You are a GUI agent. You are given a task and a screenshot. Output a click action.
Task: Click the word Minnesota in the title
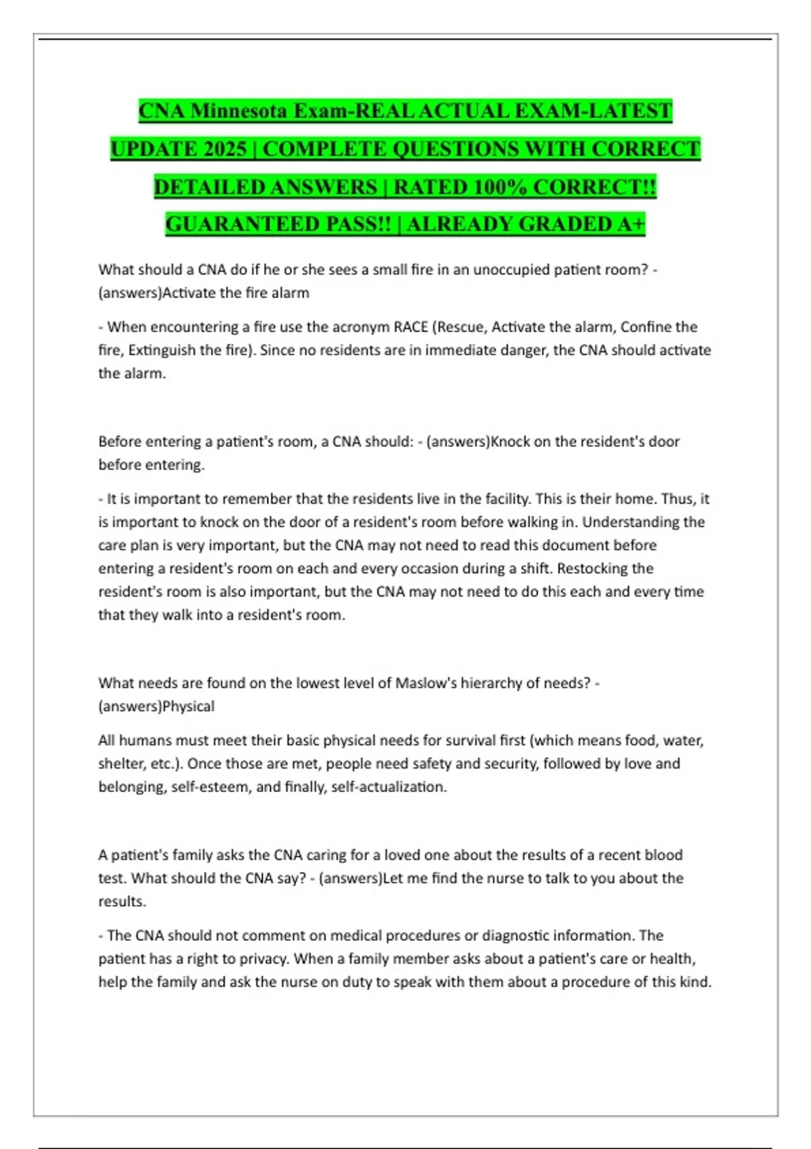click(x=237, y=110)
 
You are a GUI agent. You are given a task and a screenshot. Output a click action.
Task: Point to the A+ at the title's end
click(x=631, y=224)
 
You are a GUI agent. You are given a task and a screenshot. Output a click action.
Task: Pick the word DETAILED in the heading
click(x=210, y=187)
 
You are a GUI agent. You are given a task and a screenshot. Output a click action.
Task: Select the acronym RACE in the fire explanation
click(x=411, y=327)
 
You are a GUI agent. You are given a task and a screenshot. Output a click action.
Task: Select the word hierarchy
click(x=491, y=683)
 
